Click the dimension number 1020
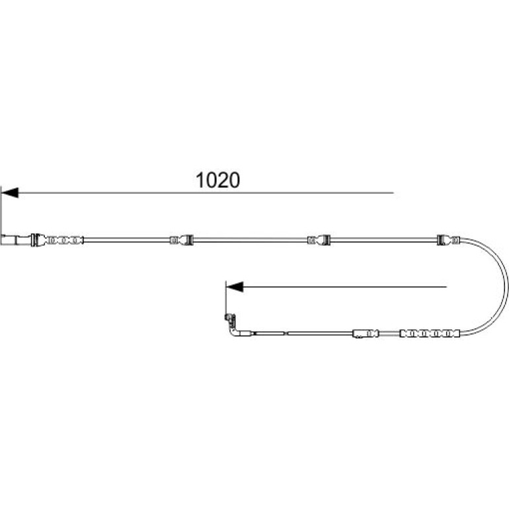[x=218, y=180]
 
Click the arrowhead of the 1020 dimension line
[x=10, y=192]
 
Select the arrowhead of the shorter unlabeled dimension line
[x=235, y=287]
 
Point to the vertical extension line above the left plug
[x=1, y=210]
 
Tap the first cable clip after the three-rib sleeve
[x=182, y=240]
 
